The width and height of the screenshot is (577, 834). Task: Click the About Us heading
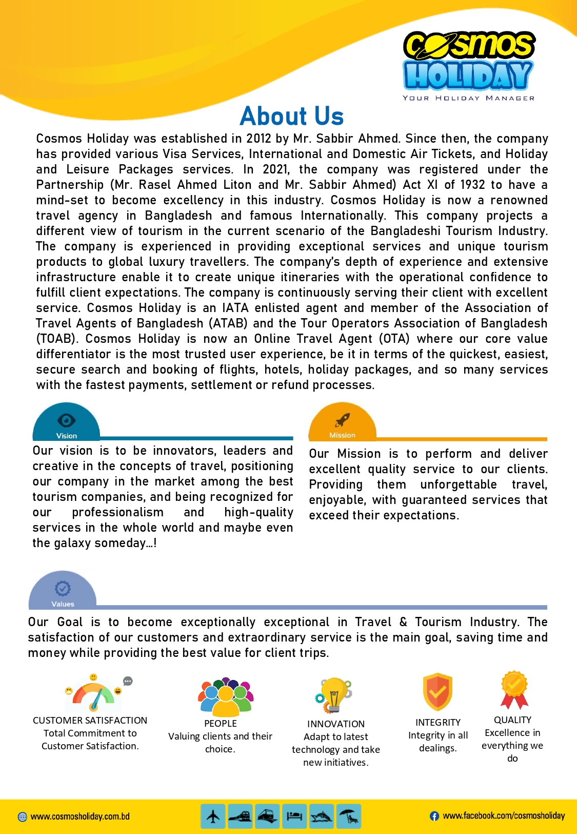(x=291, y=116)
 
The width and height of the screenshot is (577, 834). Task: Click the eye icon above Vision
(x=66, y=420)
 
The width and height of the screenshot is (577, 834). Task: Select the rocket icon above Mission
(x=342, y=420)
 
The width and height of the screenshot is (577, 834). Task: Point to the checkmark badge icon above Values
(x=63, y=588)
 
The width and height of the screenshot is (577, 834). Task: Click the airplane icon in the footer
(x=213, y=816)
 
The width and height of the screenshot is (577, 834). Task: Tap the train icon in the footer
(x=240, y=816)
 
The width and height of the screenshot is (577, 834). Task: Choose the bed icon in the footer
(x=294, y=816)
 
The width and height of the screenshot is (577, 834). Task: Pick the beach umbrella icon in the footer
(x=348, y=816)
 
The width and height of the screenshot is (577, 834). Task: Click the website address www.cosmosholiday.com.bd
(x=80, y=817)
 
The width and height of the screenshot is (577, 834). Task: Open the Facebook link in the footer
(x=504, y=816)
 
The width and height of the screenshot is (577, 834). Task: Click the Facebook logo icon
(x=434, y=816)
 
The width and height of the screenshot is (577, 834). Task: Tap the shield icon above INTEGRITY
(x=437, y=692)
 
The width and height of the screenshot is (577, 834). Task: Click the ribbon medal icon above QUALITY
(x=514, y=689)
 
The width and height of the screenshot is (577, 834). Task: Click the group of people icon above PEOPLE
(x=226, y=696)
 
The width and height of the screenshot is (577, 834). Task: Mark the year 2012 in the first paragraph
(x=258, y=139)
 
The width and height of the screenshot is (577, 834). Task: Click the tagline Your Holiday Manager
(x=468, y=98)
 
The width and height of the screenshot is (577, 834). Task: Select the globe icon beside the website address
(x=23, y=817)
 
